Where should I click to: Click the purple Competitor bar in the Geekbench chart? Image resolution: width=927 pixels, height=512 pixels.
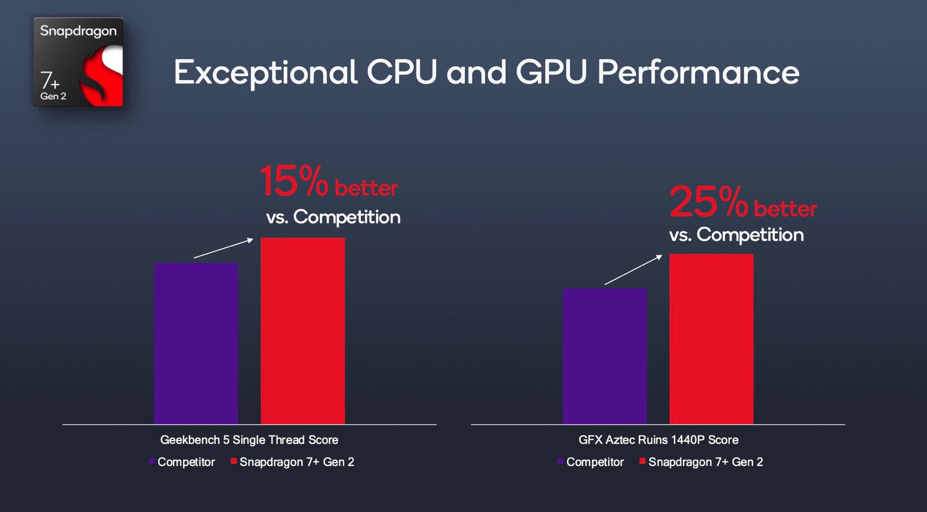point(196,343)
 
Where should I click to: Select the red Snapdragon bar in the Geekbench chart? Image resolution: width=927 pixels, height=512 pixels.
point(303,331)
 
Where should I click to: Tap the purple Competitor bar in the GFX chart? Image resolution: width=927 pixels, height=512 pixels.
point(604,356)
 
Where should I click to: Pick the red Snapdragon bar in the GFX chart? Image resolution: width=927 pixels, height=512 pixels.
point(711,339)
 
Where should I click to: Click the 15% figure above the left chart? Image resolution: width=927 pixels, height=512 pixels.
point(294,181)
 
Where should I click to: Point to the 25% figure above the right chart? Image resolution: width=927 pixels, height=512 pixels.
point(708,202)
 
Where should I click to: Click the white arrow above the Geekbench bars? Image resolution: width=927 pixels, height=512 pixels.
point(224,248)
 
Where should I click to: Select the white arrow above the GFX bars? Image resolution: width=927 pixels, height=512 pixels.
point(633,270)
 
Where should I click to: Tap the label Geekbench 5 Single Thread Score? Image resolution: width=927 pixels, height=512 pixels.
point(249,440)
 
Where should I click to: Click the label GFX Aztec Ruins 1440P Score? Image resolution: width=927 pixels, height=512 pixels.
point(658,440)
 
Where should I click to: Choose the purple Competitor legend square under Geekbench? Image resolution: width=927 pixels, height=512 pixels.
point(152,461)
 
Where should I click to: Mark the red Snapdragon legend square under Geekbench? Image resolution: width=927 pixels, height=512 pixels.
point(234,461)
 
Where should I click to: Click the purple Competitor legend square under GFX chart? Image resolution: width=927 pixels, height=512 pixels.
point(560,461)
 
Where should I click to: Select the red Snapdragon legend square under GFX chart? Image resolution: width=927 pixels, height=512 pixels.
point(642,461)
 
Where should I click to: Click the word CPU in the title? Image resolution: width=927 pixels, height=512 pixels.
point(402,72)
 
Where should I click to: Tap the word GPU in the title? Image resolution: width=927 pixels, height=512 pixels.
point(551,72)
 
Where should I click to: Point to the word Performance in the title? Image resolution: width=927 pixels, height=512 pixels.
point(698,72)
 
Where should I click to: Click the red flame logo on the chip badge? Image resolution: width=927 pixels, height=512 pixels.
point(103,75)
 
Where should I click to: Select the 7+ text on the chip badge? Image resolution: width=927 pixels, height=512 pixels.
point(49,81)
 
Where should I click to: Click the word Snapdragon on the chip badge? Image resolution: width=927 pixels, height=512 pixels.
point(78,31)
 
